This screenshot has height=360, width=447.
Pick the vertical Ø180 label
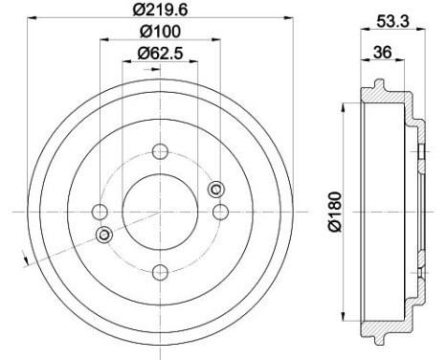(x=334, y=213)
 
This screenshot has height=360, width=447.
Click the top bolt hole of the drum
(x=160, y=150)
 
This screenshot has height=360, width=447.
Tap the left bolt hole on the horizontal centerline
(x=100, y=211)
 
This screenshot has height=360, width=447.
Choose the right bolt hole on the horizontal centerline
(x=220, y=211)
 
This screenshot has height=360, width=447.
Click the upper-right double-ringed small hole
(x=215, y=188)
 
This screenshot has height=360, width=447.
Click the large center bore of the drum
(x=160, y=211)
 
